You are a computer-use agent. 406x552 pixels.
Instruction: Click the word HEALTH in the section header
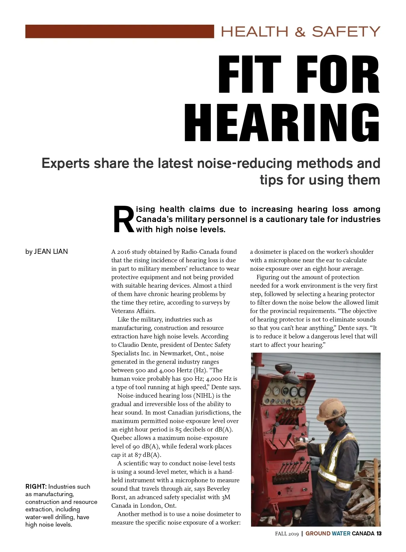[254, 31]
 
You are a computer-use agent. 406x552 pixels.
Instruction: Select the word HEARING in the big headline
[282, 123]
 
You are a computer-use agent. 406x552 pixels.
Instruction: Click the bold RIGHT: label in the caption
[36, 487]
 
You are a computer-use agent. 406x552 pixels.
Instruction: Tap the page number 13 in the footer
[379, 533]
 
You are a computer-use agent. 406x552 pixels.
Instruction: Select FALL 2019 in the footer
[287, 534]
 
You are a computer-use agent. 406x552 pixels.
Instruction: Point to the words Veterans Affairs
[133, 311]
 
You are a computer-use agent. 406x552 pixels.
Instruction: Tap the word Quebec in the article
[121, 438]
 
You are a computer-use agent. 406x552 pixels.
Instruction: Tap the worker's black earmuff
[341, 421]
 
